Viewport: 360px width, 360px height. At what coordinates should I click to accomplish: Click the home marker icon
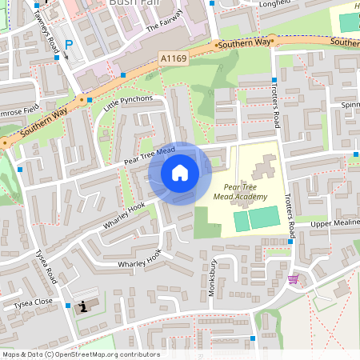[180, 173]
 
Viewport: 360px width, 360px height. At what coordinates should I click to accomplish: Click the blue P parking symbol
[68, 45]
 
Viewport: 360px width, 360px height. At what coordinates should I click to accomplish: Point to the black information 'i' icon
[83, 306]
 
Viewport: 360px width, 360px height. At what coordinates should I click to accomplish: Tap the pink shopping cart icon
[293, 279]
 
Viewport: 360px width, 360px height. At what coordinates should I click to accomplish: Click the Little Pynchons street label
[121, 102]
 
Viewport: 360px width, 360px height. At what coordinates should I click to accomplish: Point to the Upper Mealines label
[332, 224]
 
